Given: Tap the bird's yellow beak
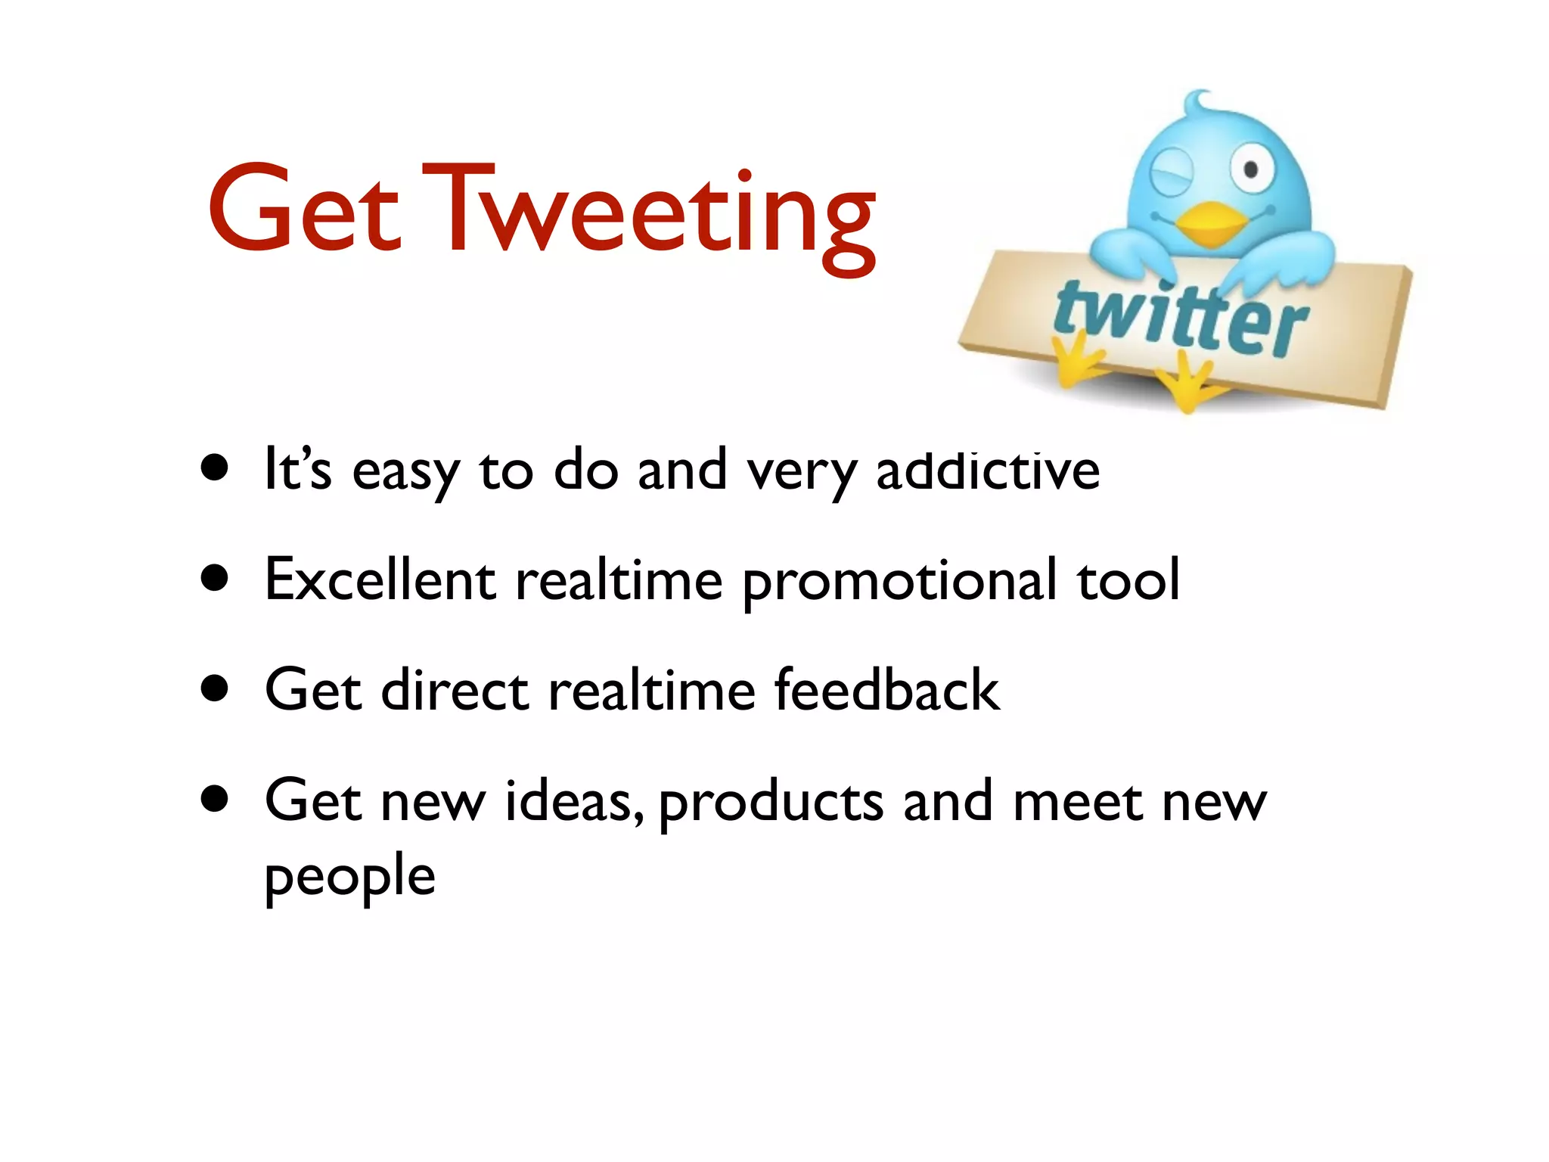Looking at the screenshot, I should click(1212, 224).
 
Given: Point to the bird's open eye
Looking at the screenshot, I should click(1250, 168).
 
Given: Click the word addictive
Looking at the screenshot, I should click(988, 471).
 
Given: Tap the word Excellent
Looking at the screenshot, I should click(380, 580).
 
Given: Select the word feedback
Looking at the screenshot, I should click(887, 690).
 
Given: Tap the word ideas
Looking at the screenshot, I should click(573, 800).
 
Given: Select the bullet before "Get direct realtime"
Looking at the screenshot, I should click(216, 689).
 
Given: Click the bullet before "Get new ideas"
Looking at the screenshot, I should click(216, 800).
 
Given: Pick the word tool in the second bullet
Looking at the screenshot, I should click(1128, 580).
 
